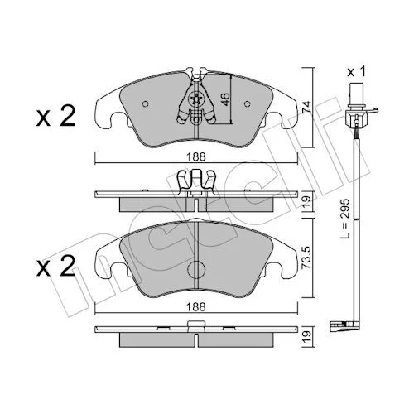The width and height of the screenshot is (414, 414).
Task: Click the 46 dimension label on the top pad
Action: coord(226,99)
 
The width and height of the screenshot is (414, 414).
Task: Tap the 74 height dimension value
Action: coord(306,108)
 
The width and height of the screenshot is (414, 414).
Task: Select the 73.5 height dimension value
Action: coord(306,258)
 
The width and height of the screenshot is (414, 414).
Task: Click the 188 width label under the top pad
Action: coord(196,157)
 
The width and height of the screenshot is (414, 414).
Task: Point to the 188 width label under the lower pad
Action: coord(196,307)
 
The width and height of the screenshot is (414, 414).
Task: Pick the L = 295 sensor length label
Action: coord(344,219)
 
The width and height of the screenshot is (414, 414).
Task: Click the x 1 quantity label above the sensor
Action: coord(356,72)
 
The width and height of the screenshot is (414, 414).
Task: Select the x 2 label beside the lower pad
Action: coord(55,266)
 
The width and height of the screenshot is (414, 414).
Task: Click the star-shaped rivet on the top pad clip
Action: coord(196,99)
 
